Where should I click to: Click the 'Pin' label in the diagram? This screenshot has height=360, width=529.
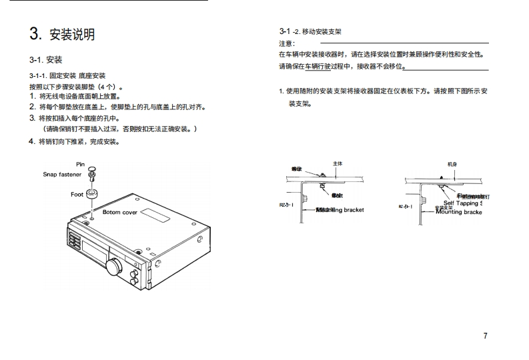pos(80,164)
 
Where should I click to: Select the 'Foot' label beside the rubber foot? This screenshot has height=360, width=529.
pos(77,195)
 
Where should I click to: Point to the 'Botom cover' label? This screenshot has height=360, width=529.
pos(120,212)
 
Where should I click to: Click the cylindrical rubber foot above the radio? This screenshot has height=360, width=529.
pos(92,195)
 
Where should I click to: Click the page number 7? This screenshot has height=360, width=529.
pos(485,335)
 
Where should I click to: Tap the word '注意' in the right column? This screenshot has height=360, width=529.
pos(286,43)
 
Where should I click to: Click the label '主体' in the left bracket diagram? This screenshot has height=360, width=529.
pos(337,164)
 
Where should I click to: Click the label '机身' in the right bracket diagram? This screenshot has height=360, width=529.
pos(452,164)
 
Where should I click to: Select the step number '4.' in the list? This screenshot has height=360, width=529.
pos(32,141)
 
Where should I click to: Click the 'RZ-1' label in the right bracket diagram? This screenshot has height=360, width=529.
pos(406,207)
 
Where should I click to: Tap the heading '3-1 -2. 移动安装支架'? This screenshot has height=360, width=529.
pos(310,31)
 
